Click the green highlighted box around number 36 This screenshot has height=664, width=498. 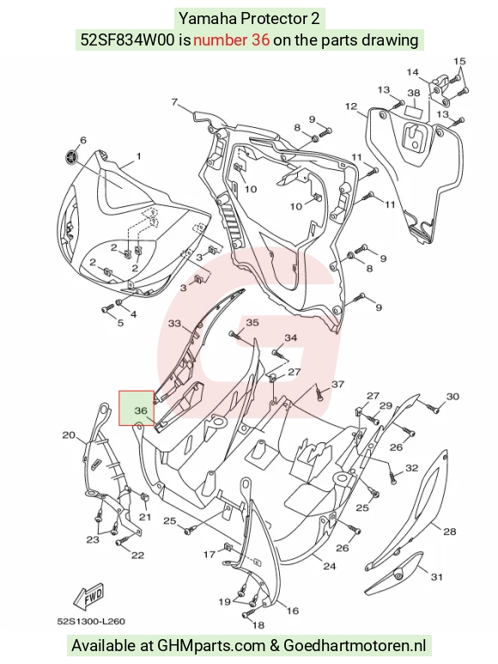(137, 407)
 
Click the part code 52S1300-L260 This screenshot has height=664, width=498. (91, 621)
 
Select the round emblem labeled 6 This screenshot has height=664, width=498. (71, 156)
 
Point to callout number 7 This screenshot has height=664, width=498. (175, 101)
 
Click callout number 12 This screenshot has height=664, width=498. (351, 106)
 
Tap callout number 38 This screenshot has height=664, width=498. (414, 93)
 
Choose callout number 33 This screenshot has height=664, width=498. (174, 324)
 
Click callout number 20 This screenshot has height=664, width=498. (69, 435)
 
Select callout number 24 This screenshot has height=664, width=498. (329, 566)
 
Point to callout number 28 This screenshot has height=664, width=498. (449, 531)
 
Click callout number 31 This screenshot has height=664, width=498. (437, 576)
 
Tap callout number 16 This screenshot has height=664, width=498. (293, 611)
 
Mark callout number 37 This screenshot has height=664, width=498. (337, 384)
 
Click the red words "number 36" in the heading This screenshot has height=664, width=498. (232, 40)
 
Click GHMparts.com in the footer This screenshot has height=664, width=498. (211, 646)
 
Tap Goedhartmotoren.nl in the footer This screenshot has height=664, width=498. (355, 645)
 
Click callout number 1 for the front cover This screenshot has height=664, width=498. (139, 156)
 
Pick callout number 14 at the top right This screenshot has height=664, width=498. (412, 72)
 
